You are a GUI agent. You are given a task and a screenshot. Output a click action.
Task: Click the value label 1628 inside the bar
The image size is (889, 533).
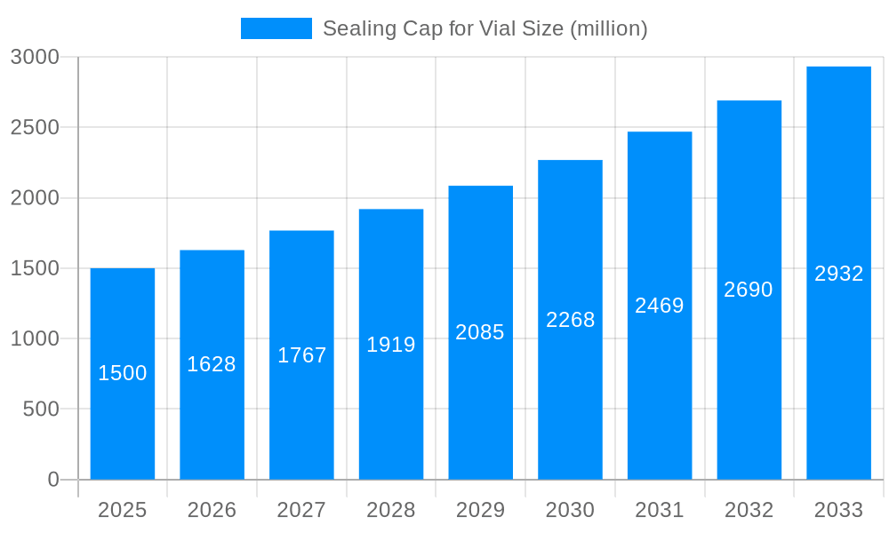coord(212,364)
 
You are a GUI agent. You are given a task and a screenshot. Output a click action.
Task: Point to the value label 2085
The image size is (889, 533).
coord(480,332)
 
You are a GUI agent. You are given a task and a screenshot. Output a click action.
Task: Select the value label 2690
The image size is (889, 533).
coord(749,290)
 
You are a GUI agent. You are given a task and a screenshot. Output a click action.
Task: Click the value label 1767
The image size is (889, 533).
coord(302,355)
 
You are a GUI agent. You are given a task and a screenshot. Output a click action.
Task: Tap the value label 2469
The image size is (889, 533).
coord(660,306)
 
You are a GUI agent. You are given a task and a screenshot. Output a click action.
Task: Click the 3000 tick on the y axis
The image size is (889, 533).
coord(35,57)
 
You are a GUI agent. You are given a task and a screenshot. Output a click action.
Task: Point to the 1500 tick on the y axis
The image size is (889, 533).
coord(35,268)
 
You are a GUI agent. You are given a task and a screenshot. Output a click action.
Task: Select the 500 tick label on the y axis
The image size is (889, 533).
coord(41,410)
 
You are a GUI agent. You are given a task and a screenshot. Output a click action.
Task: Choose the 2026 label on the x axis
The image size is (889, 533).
coord(212,510)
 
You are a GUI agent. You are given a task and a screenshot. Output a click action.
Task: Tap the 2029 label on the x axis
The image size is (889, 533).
coord(480,510)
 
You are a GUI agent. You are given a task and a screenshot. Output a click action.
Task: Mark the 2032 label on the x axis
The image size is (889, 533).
coord(749,510)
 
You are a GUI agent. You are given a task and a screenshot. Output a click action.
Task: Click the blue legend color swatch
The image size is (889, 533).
coord(276,28)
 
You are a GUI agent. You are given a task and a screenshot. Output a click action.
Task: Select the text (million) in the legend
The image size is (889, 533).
coord(608,28)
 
